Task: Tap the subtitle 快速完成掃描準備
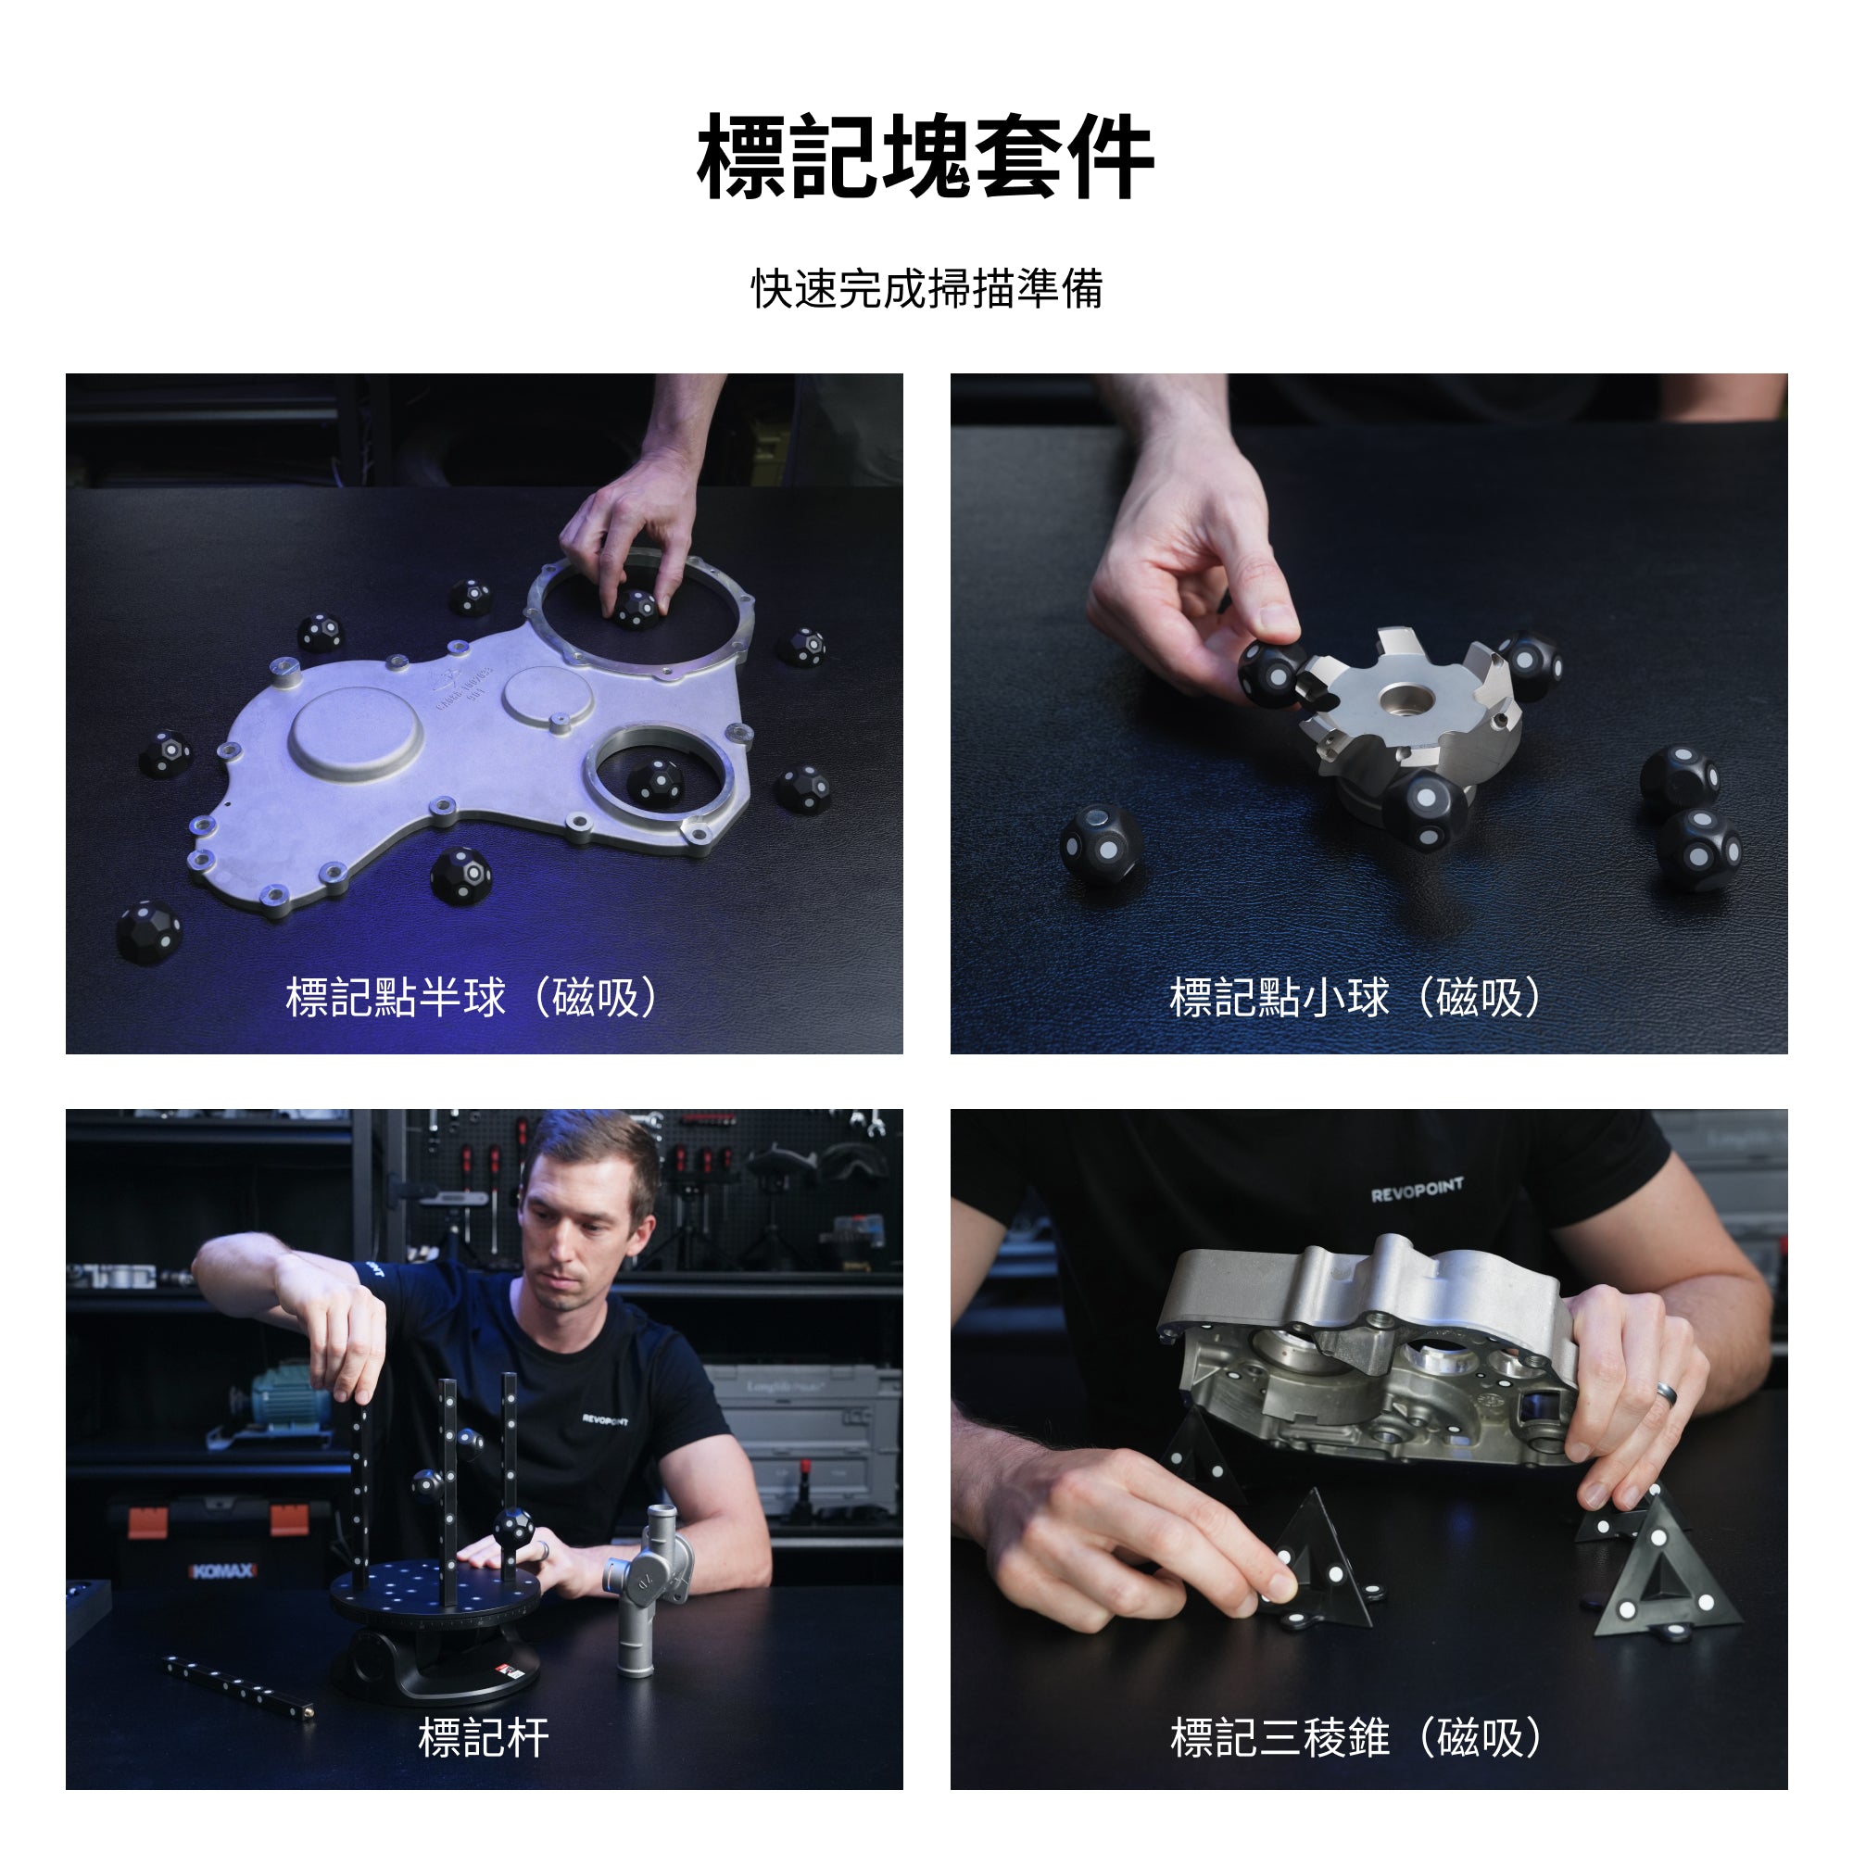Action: click(x=926, y=289)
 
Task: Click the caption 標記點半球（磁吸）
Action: click(x=472, y=998)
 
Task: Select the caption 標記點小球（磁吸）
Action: click(x=1355, y=998)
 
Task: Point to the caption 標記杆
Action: click(x=484, y=1738)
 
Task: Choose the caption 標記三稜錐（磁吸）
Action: click(x=1355, y=1738)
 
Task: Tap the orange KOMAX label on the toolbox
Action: click(x=222, y=1571)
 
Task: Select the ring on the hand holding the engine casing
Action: click(x=1667, y=1393)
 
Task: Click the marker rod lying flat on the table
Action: click(x=238, y=1685)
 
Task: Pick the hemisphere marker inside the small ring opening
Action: click(x=656, y=782)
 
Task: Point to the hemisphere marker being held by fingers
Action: click(x=635, y=608)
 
